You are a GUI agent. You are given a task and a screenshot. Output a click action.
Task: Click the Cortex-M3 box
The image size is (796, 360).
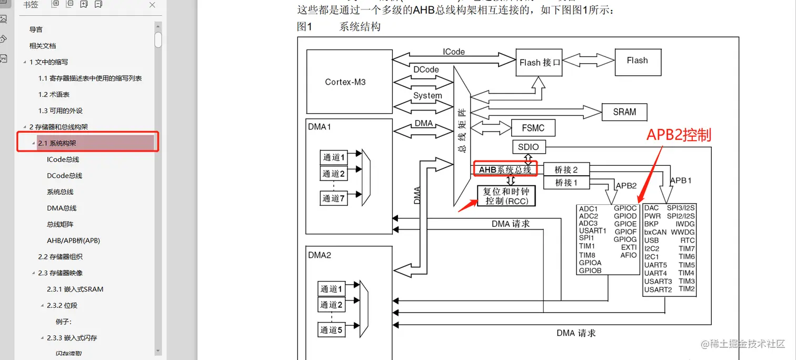pos(349,82)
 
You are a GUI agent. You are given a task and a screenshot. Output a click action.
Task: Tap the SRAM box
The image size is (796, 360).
pos(624,112)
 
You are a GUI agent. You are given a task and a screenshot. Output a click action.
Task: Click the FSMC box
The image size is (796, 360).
pos(533,128)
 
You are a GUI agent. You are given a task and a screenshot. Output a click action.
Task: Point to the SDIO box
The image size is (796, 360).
pos(528,147)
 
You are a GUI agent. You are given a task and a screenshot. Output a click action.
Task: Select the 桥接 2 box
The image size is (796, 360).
pos(566,169)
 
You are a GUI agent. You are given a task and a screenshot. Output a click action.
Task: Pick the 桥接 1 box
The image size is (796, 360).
pos(566,183)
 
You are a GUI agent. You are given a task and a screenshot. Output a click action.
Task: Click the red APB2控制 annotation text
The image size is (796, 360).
pos(679,135)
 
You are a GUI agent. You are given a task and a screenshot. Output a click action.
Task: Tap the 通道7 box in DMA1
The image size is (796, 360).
pos(334,198)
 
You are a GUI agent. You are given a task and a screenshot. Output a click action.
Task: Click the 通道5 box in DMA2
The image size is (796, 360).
pos(332,331)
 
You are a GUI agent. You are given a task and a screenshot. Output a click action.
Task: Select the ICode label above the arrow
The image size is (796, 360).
pos(453,52)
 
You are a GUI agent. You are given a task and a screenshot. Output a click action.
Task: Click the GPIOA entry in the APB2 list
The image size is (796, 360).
pos(590,263)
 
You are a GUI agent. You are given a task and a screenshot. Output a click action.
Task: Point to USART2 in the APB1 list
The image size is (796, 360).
pos(658,289)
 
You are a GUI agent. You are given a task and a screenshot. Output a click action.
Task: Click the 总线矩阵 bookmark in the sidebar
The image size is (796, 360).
pos(60,224)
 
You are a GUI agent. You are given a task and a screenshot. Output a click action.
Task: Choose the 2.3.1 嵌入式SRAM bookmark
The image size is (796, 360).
pos(75,289)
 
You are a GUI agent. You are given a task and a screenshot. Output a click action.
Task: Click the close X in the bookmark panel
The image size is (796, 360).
pos(152,5)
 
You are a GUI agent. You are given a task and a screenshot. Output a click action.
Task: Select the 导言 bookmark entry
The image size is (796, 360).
pos(36,29)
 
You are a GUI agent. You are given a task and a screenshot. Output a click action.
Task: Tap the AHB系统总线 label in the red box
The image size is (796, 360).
pos(505,169)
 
